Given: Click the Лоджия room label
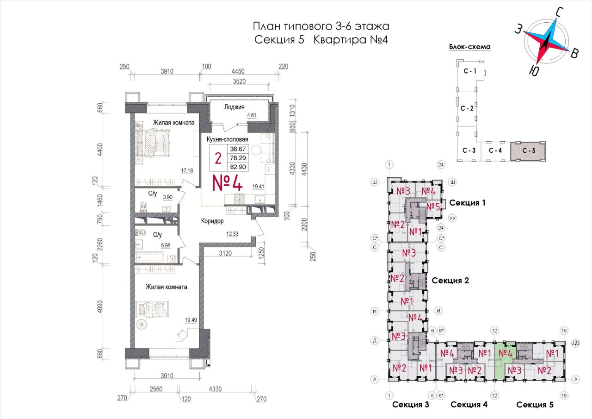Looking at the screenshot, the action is pos(234,107).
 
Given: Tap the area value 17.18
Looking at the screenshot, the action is pos(187,171).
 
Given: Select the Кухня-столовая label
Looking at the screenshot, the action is pos(227,139).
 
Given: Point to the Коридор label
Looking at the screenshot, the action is pos(212,220).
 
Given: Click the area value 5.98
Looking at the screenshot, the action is pos(166,245).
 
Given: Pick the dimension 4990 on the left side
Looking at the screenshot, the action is pos(99,307).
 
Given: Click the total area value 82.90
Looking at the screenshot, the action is pos(238,167).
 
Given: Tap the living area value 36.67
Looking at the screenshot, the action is pos(238,149).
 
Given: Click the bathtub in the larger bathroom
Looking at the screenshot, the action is pos(149,257).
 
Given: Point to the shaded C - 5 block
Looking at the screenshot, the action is pos(528,151).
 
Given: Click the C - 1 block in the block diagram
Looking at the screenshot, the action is pos(470,71).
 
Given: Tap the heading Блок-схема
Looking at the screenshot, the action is pos(469,47).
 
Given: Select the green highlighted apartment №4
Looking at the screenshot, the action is pos(504,361).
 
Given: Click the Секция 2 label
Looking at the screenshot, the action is pos(450,281).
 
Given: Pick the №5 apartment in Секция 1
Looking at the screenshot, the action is pos(433,206).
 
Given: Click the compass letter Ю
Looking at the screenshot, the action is pos(534,70).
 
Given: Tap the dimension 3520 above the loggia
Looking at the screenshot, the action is pos(239,81).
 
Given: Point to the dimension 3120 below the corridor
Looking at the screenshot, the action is pos(225,253).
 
